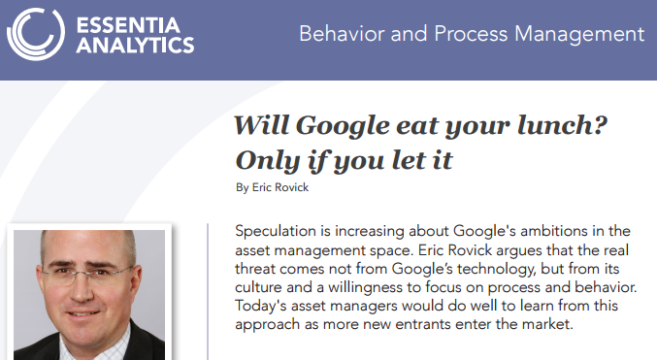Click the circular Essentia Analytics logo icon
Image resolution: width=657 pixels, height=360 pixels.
pyautogui.click(x=35, y=37)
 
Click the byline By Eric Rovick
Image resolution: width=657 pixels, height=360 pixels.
pyautogui.click(x=273, y=186)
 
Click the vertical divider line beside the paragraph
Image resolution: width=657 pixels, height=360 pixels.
pyautogui.click(x=209, y=291)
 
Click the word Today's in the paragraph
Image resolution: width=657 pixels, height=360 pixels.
pyautogui.click(x=262, y=307)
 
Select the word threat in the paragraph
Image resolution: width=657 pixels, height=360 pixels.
pyautogui.click(x=259, y=271)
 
